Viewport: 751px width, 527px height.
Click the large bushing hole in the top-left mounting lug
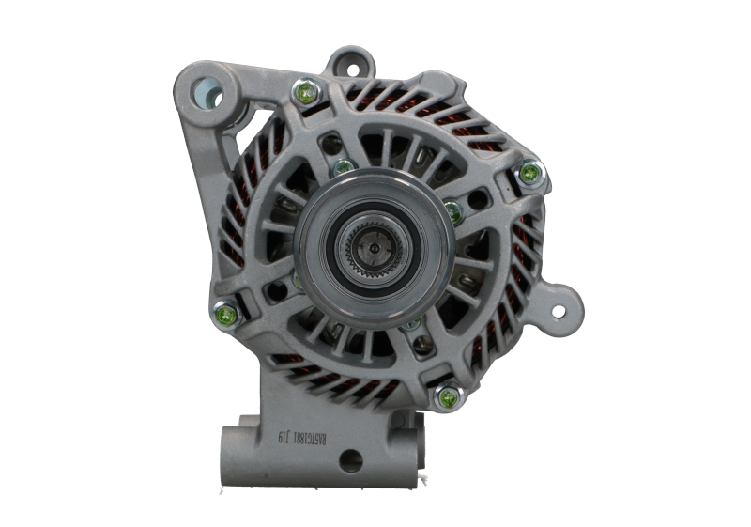(204, 91)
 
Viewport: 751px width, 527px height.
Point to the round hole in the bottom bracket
(351, 459)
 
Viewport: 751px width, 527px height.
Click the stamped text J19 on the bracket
(279, 436)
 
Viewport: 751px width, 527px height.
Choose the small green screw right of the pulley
(452, 208)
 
